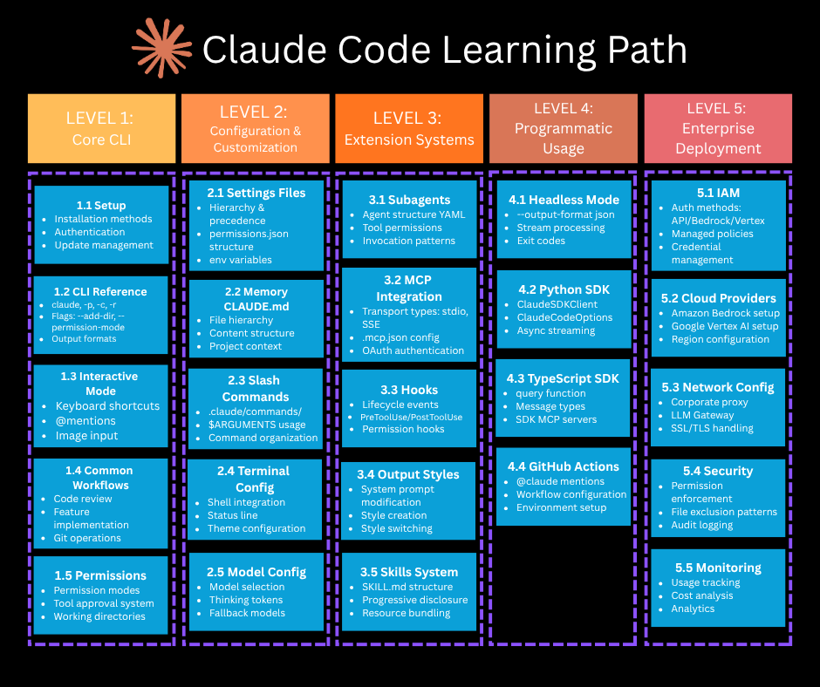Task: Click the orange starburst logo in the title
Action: click(161, 48)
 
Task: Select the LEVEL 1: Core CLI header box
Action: click(101, 128)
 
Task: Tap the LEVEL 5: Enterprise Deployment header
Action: click(718, 128)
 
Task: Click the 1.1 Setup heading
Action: click(101, 205)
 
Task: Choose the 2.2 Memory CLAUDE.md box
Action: click(256, 316)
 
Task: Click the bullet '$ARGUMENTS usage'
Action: click(256, 425)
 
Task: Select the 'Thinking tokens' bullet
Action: click(246, 600)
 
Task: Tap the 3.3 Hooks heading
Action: click(408, 390)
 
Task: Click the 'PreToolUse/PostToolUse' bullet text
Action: click(412, 418)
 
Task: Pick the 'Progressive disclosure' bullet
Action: click(414, 600)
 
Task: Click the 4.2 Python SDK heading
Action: click(564, 289)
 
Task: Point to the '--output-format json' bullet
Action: click(565, 214)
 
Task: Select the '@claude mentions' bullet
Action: click(560, 481)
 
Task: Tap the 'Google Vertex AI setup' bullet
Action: click(724, 326)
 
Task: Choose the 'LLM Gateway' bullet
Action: click(702, 415)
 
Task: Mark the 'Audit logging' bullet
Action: click(701, 525)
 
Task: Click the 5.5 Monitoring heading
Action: click(718, 568)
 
